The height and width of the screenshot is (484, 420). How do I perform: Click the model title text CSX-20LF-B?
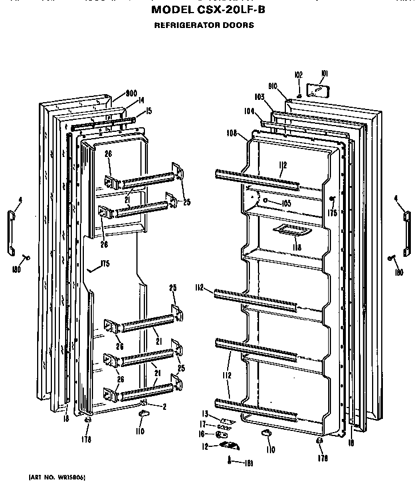coord(208,10)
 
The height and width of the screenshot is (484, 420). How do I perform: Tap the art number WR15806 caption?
coord(56,477)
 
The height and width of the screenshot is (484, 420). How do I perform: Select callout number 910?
coord(272,86)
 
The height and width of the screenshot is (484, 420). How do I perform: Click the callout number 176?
coord(332,213)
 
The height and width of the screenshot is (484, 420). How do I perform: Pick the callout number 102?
coord(298,75)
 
